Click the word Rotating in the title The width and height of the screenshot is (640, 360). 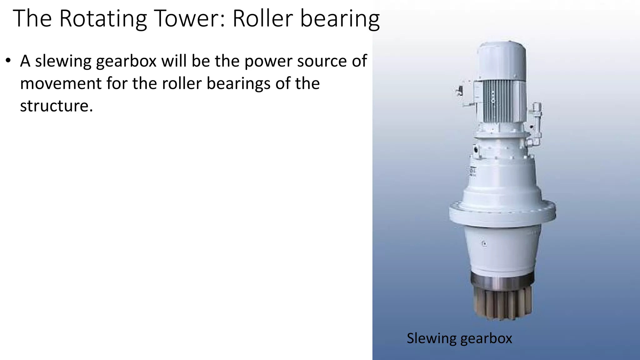tap(103, 19)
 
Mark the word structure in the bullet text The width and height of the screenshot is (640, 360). tap(56, 106)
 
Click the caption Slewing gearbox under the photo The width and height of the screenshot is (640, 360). tap(459, 338)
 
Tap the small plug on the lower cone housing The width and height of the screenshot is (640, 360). tap(484, 243)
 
